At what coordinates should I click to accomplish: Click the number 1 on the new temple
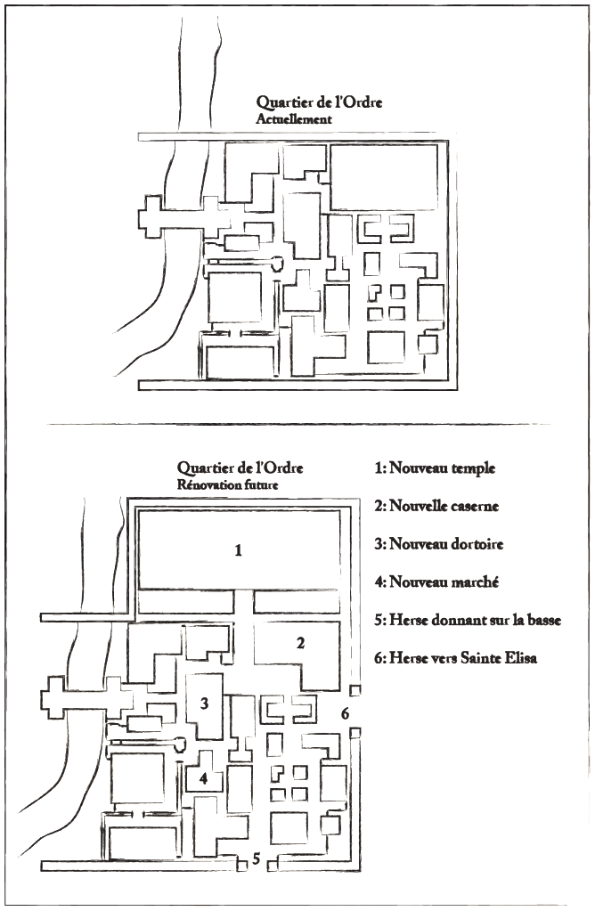(238, 549)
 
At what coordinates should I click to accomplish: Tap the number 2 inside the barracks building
(300, 643)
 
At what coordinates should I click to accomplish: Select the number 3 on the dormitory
(204, 704)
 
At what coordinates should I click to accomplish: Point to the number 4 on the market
(203, 778)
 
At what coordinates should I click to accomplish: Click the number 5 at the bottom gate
(257, 858)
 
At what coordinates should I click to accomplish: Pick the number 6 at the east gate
(345, 713)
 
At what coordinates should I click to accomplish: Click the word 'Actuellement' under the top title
(294, 119)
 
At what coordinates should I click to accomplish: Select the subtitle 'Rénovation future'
(228, 484)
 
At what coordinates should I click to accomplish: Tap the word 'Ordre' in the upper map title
(363, 102)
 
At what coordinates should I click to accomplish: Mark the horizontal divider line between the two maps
(297, 424)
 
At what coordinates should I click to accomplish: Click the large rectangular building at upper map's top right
(384, 177)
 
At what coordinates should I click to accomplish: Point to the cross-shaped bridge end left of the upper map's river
(152, 216)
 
